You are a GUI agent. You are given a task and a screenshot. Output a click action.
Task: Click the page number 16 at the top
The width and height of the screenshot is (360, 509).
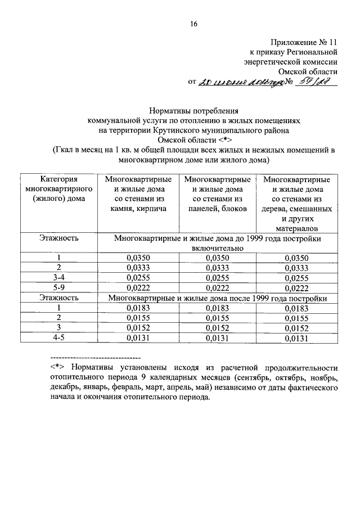click(193, 24)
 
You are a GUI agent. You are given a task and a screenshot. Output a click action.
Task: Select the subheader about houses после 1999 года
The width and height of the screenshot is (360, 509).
click(217, 298)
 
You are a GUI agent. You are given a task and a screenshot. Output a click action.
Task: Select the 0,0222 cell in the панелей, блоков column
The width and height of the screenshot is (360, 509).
click(217, 287)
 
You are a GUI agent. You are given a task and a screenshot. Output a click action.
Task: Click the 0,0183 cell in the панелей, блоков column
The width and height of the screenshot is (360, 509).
click(217, 308)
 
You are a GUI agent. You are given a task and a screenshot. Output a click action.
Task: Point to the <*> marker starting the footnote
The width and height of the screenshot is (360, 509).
click(57, 367)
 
